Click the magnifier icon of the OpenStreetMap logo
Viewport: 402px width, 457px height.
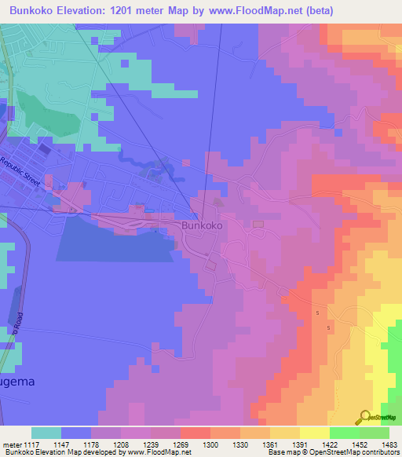(366, 416)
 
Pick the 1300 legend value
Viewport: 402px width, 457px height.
(210, 444)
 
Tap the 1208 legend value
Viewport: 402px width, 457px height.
(120, 444)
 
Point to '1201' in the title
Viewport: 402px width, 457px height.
(129, 10)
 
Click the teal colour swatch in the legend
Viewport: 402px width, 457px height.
(46, 433)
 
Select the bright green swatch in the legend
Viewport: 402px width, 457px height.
(344, 433)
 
